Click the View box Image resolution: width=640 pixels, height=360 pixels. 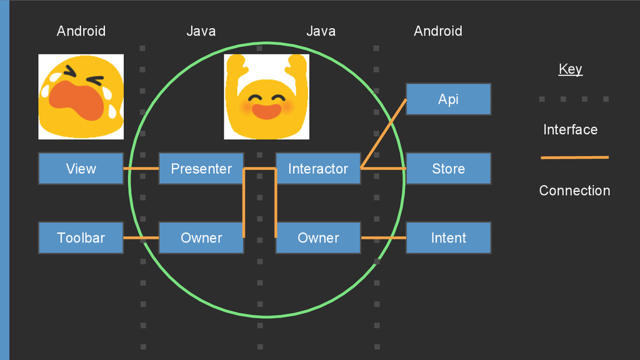(x=81, y=169)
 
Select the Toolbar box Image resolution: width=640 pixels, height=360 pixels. (x=81, y=237)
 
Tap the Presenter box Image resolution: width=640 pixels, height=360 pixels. (x=201, y=169)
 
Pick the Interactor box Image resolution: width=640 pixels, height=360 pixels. (x=318, y=169)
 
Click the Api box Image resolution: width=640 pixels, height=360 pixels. (x=448, y=99)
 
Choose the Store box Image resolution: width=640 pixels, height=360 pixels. (x=448, y=169)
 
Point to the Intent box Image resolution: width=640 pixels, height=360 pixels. (x=448, y=237)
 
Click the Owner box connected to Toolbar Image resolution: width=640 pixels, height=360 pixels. (x=201, y=237)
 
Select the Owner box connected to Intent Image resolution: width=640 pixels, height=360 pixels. (x=318, y=237)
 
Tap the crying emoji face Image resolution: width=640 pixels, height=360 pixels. (x=81, y=96)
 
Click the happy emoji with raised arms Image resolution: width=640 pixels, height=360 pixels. (x=267, y=96)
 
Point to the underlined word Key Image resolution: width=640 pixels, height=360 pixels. (x=570, y=69)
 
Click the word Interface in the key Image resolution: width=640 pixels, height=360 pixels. (x=570, y=129)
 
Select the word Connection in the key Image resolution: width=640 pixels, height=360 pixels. (x=574, y=191)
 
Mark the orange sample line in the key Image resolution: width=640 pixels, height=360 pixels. (x=574, y=157)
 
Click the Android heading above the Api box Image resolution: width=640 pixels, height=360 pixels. (x=437, y=31)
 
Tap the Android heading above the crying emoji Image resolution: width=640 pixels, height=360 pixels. (x=81, y=31)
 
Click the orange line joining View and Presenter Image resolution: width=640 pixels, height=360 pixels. (x=141, y=169)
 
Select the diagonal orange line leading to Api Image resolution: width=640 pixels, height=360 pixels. (x=384, y=134)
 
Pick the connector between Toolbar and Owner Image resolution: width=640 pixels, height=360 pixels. (x=141, y=237)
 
